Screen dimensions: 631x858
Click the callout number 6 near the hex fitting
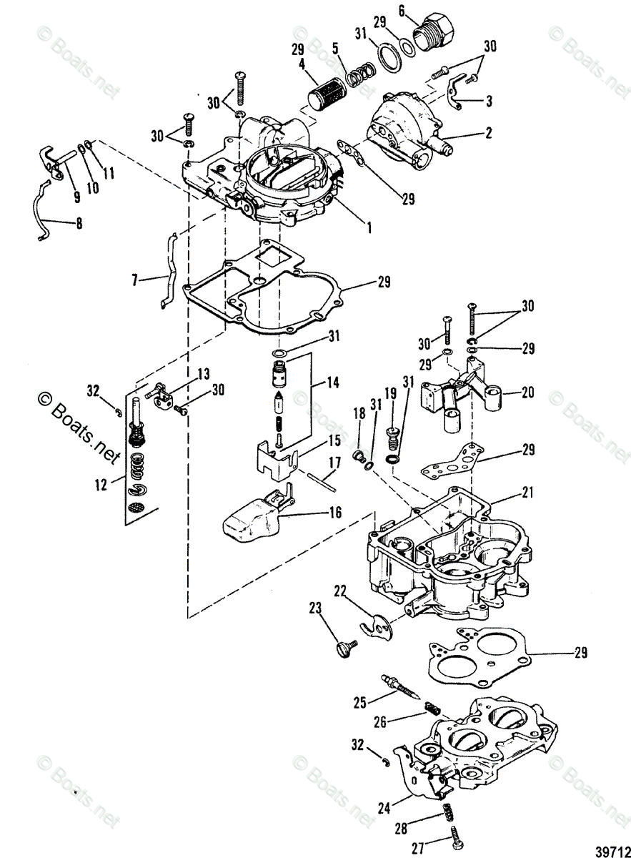click(x=402, y=11)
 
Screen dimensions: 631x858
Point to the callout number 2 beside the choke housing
click(x=488, y=133)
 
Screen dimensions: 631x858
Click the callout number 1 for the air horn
click(x=369, y=228)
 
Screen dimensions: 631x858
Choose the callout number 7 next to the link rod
click(x=134, y=281)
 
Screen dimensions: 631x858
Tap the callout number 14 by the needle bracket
click(x=332, y=382)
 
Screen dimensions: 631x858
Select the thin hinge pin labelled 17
click(x=322, y=483)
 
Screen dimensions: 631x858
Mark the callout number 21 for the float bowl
click(x=527, y=492)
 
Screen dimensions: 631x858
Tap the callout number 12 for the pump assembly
click(x=101, y=485)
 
